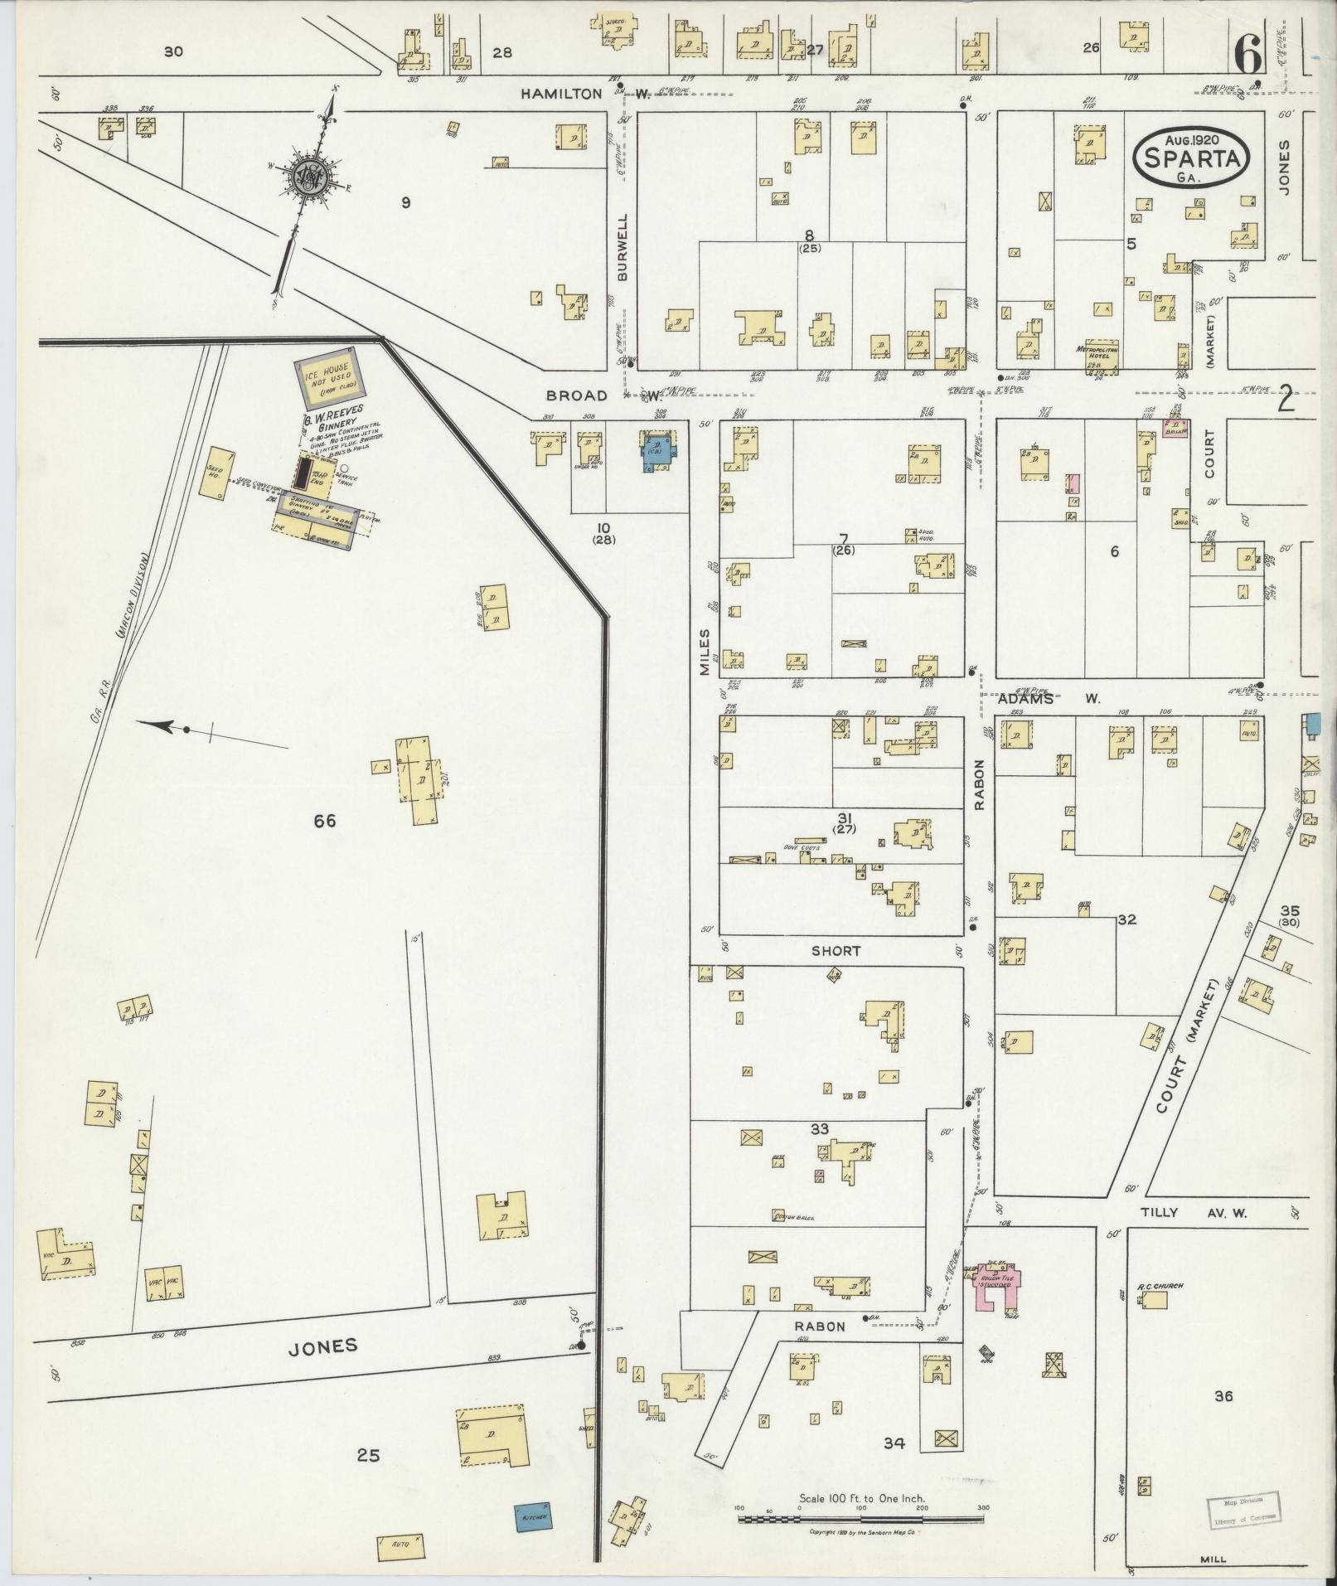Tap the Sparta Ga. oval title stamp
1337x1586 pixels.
[x=1192, y=157]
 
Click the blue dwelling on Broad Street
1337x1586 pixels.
[x=661, y=452]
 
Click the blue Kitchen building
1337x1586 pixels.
[x=532, y=1516]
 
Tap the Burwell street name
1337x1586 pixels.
[x=623, y=246]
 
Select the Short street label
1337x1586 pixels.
[x=836, y=951]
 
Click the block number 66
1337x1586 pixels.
[x=324, y=821]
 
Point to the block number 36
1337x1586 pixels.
[x=1223, y=1396]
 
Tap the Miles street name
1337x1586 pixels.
[x=705, y=652]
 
